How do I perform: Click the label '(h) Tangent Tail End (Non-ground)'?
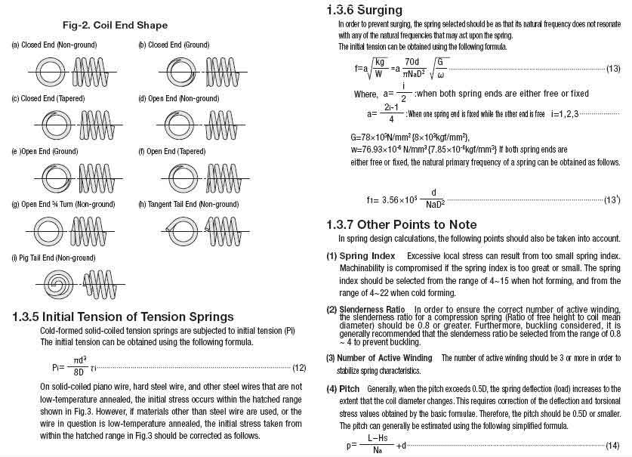tap(189, 205)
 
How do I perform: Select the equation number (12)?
tap(299, 368)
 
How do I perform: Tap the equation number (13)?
tap(613, 69)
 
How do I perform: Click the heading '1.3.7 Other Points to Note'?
tap(401, 224)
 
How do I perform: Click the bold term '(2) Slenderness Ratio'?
tap(366, 310)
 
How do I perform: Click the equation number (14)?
tap(613, 446)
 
